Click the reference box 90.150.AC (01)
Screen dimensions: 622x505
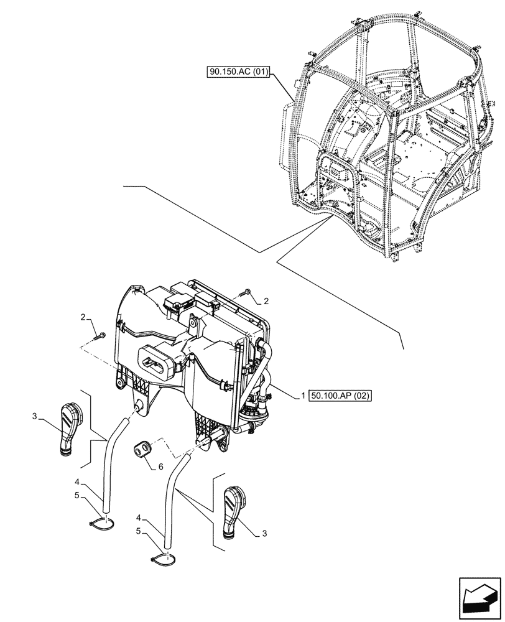pyautogui.click(x=238, y=72)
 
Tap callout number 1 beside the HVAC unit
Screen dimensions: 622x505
pyautogui.click(x=303, y=396)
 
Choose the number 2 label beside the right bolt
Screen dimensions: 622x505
pyautogui.click(x=266, y=301)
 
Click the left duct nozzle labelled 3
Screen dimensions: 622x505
pyautogui.click(x=70, y=428)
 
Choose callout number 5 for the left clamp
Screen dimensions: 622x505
pyautogui.click(x=78, y=496)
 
